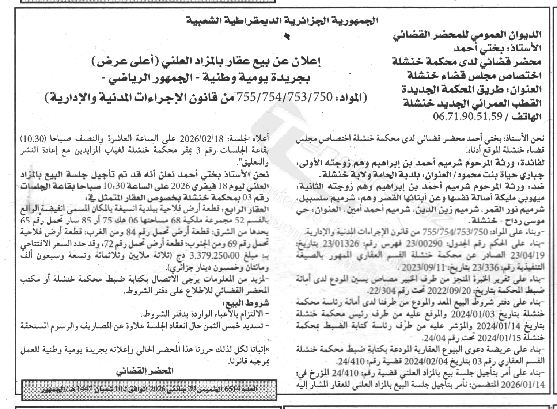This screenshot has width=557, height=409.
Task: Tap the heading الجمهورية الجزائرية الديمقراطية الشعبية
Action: click(x=282, y=21)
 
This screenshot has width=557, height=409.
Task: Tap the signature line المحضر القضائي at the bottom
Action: click(x=145, y=371)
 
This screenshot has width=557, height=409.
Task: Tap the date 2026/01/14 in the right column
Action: click(x=526, y=384)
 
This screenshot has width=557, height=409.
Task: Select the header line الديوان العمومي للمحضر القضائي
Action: click(x=467, y=35)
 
